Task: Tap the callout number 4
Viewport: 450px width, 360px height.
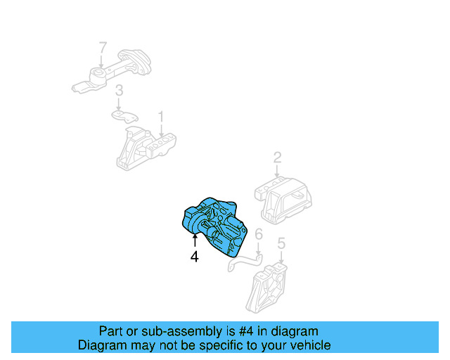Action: pos(195,257)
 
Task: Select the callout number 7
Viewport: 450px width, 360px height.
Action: pos(103,48)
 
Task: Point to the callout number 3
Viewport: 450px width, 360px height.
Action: pos(120,90)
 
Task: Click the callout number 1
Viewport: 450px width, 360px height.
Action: pos(161,115)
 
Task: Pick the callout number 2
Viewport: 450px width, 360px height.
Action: pos(277,157)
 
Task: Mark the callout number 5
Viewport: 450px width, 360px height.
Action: pos(281,244)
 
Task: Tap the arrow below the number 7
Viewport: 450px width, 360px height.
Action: pos(103,61)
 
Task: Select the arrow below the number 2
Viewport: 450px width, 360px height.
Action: pos(277,171)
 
